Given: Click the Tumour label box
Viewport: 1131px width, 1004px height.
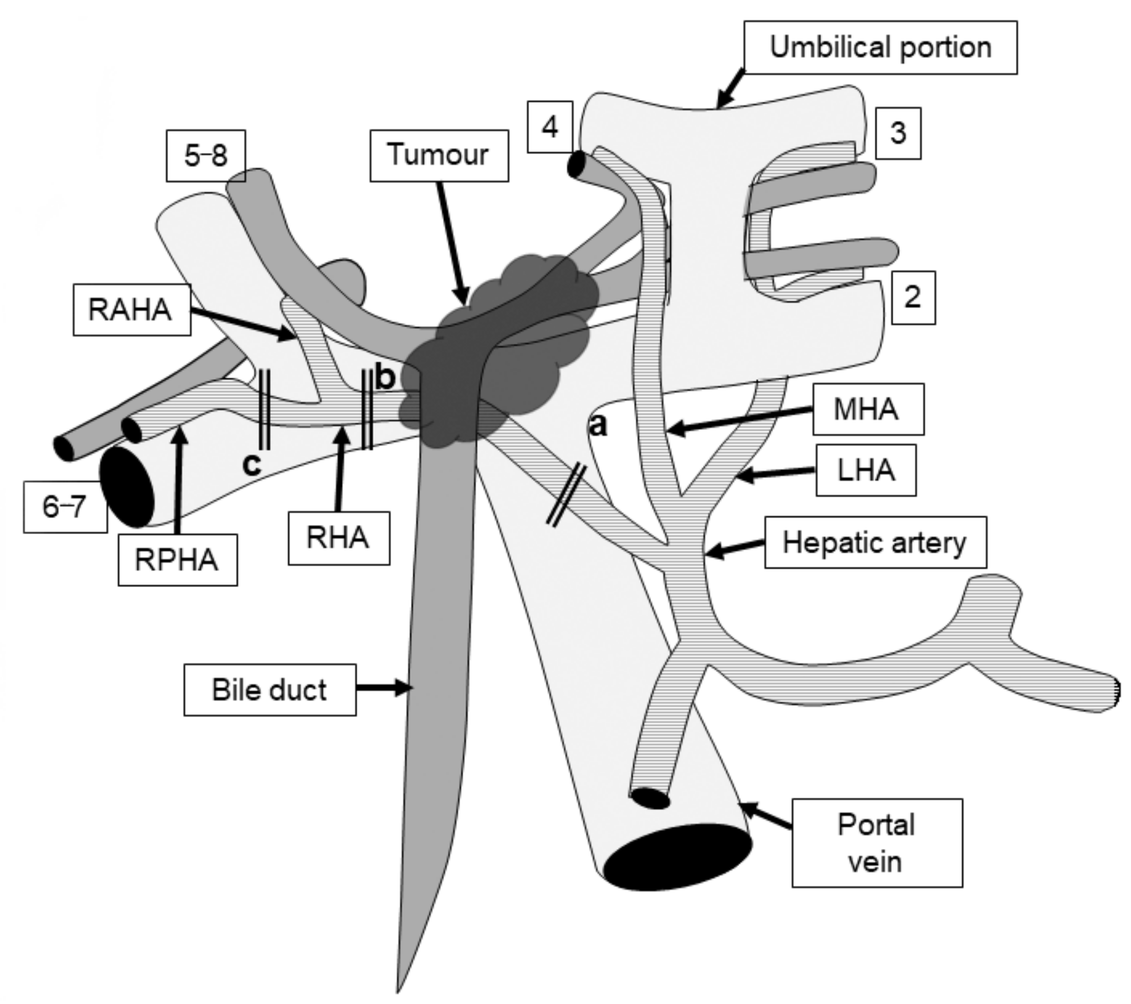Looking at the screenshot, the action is tap(439, 156).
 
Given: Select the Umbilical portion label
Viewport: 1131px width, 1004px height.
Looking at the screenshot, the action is tap(880, 48).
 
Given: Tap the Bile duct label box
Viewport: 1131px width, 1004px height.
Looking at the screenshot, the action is tap(270, 690).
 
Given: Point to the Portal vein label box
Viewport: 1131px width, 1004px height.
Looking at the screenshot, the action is tap(877, 843).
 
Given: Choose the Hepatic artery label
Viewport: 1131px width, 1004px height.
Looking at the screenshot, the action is tap(875, 542).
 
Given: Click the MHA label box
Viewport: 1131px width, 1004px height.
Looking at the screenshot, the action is tap(868, 409).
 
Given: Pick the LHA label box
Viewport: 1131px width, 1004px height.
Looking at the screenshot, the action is tap(866, 470).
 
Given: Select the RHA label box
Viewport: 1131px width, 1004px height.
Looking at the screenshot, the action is tap(339, 538).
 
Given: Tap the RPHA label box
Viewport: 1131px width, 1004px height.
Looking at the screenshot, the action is tap(177, 560).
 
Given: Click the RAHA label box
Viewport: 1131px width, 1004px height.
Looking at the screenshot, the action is tap(132, 310).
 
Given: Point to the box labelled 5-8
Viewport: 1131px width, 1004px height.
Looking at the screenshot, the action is tap(206, 156).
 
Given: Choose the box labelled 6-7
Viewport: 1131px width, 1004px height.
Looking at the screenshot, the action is tap(65, 507).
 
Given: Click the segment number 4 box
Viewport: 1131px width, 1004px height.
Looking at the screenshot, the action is tap(550, 127).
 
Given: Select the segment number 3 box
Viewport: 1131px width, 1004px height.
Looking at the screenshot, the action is tap(899, 133).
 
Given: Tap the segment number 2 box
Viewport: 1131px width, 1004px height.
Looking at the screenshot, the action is tap(913, 298).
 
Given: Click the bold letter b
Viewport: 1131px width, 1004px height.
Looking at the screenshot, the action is tap(385, 378).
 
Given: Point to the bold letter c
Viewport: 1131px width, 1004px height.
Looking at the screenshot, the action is tap(252, 465).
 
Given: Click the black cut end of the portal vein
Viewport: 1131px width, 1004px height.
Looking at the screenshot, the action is tap(678, 857).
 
